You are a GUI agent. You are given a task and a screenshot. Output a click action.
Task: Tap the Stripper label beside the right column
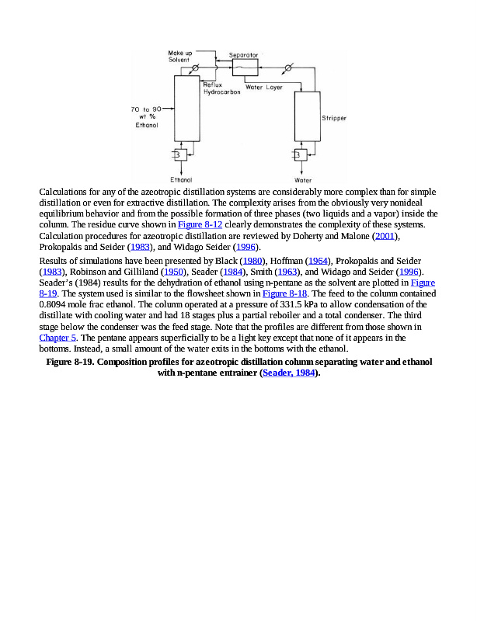(x=334, y=119)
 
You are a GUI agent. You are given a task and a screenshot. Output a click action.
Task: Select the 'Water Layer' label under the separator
(x=264, y=88)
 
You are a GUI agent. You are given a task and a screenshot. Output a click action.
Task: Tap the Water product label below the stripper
(x=303, y=179)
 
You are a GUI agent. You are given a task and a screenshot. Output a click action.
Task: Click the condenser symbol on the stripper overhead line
(x=288, y=68)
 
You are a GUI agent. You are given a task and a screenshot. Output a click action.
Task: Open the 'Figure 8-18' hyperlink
(x=282, y=294)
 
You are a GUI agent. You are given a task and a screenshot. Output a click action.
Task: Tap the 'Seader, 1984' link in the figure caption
(x=289, y=373)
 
